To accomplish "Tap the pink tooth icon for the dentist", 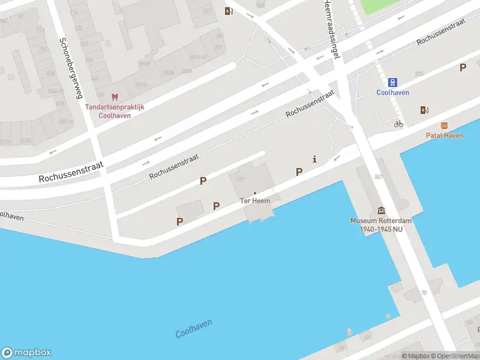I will [x=115, y=97].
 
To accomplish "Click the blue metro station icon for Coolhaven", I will [x=392, y=82].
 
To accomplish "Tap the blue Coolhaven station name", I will [x=392, y=92].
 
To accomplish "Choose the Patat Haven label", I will [x=444, y=136].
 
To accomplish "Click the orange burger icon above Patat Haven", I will [x=444, y=125].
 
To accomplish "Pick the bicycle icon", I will [x=398, y=124].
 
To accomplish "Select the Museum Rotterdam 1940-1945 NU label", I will [x=381, y=224].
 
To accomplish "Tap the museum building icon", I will [x=381, y=211].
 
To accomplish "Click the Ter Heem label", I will [x=255, y=200].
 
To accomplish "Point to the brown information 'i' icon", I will [x=314, y=159].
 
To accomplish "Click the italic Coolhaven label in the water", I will [x=193, y=328].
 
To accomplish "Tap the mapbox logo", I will [x=26, y=352].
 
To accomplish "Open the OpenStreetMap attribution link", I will [x=455, y=356].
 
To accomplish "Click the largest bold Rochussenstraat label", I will [x=71, y=171].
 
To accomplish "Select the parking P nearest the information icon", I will [x=299, y=172].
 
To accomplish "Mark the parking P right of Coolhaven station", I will [x=463, y=68].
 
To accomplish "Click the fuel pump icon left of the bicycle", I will [x=425, y=110].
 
